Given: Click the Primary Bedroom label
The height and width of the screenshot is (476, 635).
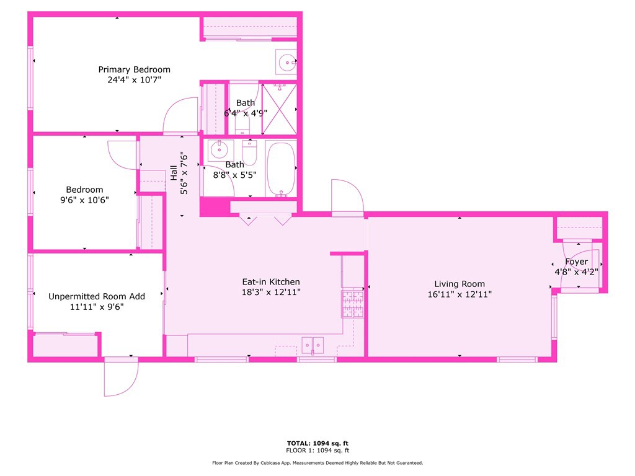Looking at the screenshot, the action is [x=134, y=69].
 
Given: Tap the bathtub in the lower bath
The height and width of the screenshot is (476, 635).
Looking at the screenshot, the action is [x=281, y=169].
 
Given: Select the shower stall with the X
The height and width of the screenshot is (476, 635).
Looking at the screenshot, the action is [x=280, y=109].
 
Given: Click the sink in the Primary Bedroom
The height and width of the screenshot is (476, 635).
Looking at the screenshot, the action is [x=286, y=62].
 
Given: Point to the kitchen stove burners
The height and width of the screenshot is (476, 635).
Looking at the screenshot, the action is [x=352, y=304].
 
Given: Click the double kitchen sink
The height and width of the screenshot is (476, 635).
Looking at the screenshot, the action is [x=313, y=345].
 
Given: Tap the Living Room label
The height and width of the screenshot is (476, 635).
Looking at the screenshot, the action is [x=460, y=284].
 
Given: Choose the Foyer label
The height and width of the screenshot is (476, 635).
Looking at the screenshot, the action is [x=576, y=262].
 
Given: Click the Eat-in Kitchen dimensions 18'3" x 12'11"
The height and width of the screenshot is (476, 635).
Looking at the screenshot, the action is [x=271, y=293].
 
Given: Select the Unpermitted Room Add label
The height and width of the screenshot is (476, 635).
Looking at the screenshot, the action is [x=97, y=296].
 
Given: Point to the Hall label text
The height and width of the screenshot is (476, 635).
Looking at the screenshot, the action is [x=174, y=173].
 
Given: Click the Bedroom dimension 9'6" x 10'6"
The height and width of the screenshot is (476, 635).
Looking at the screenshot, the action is [x=84, y=200].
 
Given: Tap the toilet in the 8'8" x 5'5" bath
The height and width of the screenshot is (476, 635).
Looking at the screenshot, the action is [x=249, y=152].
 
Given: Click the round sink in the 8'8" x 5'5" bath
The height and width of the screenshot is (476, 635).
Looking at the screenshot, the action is [x=220, y=150].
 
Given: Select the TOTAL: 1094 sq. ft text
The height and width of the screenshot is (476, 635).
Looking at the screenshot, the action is [x=317, y=443].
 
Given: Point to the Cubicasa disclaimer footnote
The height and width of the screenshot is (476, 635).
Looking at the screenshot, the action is [x=317, y=462].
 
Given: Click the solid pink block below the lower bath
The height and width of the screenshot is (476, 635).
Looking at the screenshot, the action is [x=215, y=206].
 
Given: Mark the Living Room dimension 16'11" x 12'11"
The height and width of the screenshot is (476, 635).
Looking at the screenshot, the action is [x=460, y=294].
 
